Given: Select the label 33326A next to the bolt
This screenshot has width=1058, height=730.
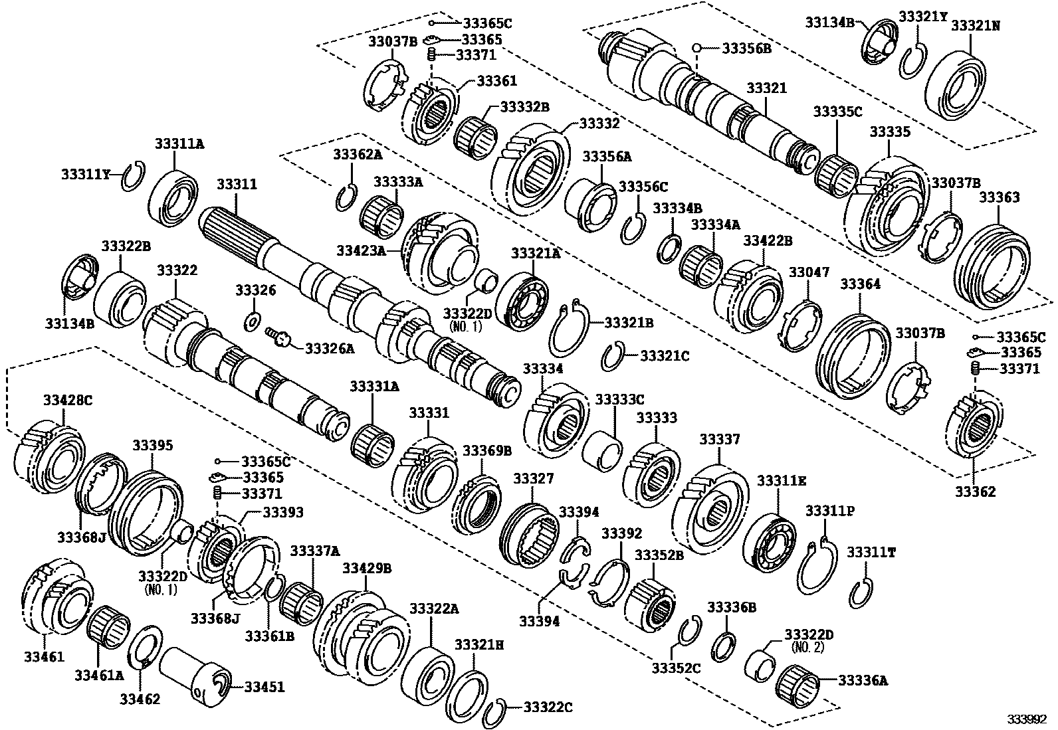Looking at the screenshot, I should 330,347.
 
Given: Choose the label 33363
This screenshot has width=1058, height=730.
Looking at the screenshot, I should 999,197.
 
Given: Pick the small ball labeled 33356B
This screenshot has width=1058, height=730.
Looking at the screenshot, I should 697,48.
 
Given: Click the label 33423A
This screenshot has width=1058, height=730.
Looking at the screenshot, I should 361,250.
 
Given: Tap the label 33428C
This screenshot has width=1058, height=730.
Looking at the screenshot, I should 68,400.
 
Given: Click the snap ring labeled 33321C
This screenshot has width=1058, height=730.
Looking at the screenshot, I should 613,357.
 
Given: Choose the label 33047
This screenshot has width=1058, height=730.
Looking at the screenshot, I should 809,272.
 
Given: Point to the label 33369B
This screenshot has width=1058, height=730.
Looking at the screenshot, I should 487,450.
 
